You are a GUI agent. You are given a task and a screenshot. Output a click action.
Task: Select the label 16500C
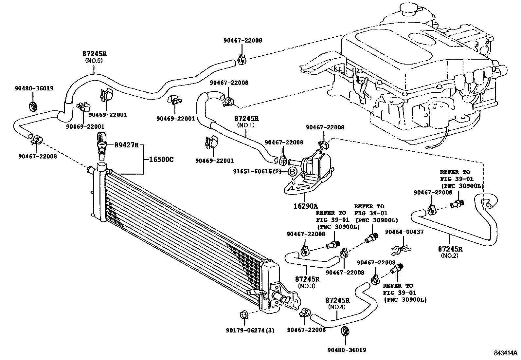[x=161, y=160]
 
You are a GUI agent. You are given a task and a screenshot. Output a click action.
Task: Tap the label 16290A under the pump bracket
[x=305, y=206]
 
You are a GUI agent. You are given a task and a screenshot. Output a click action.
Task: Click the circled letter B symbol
[x=292, y=172]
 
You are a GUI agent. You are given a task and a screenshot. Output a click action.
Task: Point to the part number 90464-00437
[x=404, y=232]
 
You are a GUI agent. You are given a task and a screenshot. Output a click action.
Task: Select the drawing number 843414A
[x=505, y=353]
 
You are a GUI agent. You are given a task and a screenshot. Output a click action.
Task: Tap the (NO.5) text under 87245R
[x=94, y=61]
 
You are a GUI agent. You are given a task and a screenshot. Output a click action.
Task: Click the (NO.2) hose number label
[x=450, y=256]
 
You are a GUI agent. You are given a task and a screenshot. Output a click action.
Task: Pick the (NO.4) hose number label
[x=337, y=307]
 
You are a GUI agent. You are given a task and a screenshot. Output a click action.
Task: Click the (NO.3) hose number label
[x=307, y=286]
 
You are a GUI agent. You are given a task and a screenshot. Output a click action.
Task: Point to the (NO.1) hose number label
[x=246, y=125]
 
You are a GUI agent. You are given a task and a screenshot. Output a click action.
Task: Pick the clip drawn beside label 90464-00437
[x=400, y=251]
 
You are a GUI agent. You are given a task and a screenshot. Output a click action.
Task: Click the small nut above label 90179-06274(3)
[x=244, y=313]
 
